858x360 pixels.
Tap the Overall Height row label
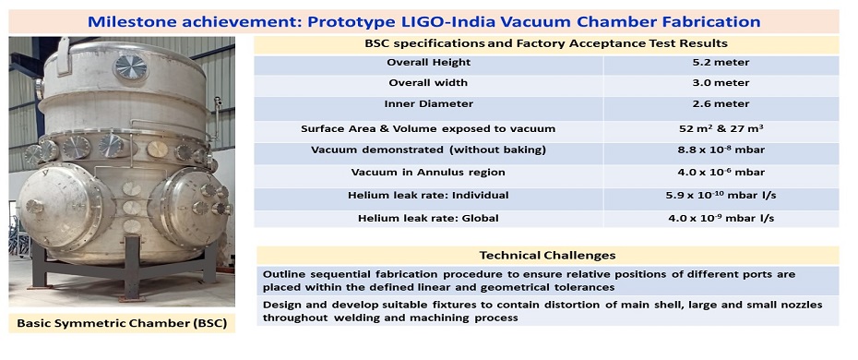pyautogui.click(x=429, y=63)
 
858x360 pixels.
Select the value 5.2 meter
pyautogui.click(x=721, y=63)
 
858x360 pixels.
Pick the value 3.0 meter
pyautogui.click(x=721, y=83)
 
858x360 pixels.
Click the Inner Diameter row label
pyautogui.click(x=429, y=104)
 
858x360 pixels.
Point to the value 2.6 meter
pyautogui.click(x=721, y=104)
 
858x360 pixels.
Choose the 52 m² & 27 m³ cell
pyautogui.click(x=721, y=128)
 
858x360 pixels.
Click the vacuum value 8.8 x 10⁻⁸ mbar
pyautogui.click(x=721, y=150)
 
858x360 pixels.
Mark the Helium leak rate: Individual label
pyautogui.click(x=429, y=195)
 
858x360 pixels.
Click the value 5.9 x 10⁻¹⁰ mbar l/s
pyautogui.click(x=721, y=195)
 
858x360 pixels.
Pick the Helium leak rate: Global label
pyautogui.click(x=429, y=217)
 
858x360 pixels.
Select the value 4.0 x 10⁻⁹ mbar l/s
pyautogui.click(x=721, y=217)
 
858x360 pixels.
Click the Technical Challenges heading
pyautogui.click(x=547, y=255)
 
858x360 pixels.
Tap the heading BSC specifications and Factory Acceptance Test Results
pyautogui.click(x=547, y=42)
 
